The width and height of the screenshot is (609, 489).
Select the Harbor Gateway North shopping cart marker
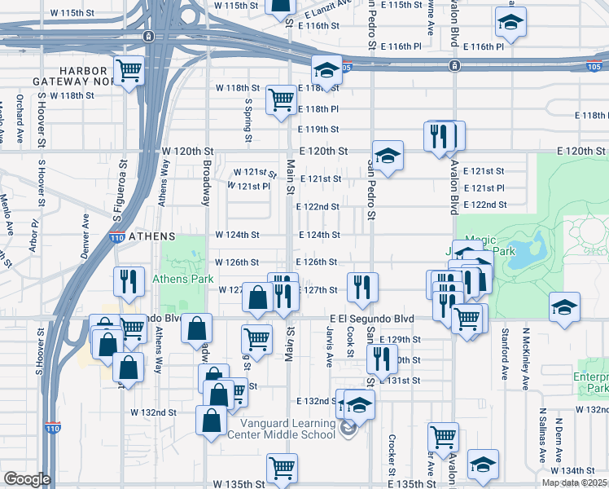click(129, 72)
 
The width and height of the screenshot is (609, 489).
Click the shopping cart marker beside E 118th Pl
click(281, 101)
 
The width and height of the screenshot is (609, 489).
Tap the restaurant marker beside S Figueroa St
click(129, 282)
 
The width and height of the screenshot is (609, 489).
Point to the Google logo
click(27, 479)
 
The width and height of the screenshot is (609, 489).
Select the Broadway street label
click(207, 188)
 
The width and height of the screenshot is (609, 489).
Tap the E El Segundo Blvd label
click(372, 319)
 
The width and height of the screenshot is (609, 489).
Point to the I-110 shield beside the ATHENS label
click(117, 237)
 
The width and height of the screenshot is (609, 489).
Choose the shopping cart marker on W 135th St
click(281, 469)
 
